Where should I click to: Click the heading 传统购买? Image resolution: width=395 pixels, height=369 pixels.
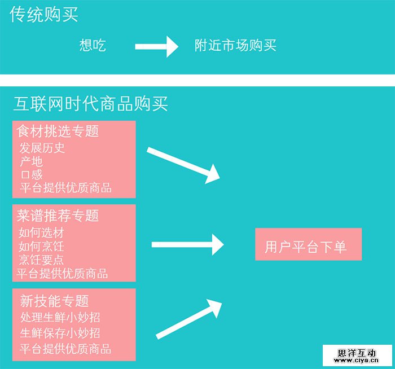click(x=44, y=15)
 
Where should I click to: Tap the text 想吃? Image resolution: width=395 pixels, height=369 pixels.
click(x=93, y=46)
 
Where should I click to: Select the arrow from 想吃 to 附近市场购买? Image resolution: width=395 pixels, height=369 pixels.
click(x=156, y=46)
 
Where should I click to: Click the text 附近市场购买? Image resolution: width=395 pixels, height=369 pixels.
click(x=235, y=46)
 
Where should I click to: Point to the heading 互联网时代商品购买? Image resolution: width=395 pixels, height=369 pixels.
click(x=90, y=104)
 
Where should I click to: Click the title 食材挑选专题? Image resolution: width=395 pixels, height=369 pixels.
click(x=58, y=131)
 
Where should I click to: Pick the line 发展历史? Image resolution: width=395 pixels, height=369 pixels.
click(x=42, y=148)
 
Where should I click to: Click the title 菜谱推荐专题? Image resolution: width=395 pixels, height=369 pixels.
click(x=58, y=215)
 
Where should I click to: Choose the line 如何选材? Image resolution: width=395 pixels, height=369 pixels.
click(x=41, y=232)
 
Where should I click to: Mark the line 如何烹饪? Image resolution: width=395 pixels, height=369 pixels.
click(x=41, y=246)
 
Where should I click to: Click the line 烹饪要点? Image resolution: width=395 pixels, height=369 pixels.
click(x=41, y=260)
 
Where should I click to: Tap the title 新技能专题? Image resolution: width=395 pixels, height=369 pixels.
click(x=54, y=301)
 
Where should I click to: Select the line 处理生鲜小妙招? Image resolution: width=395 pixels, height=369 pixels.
click(x=60, y=317)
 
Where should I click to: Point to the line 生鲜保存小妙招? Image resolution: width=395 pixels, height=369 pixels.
click(x=60, y=332)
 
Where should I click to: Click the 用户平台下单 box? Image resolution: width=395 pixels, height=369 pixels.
click(x=308, y=244)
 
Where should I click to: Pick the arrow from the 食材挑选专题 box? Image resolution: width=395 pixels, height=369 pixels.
click(x=184, y=165)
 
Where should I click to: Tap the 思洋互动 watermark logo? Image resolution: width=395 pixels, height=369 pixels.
click(x=357, y=354)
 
